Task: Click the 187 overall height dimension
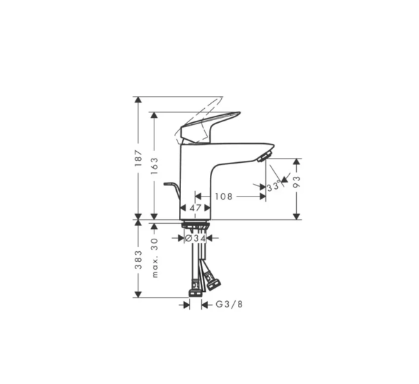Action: pyautogui.click(x=138, y=158)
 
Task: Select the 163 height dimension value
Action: pyautogui.click(x=154, y=166)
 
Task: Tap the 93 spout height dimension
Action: pyautogui.click(x=297, y=182)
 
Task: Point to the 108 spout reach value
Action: pyautogui.click(x=224, y=197)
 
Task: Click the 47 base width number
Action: pyautogui.click(x=195, y=208)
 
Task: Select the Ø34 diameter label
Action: pyautogui.click(x=196, y=238)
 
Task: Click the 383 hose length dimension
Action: pyautogui.click(x=138, y=260)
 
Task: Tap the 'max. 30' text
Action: pyautogui.click(x=154, y=258)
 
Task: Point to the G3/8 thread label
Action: pyautogui.click(x=230, y=304)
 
